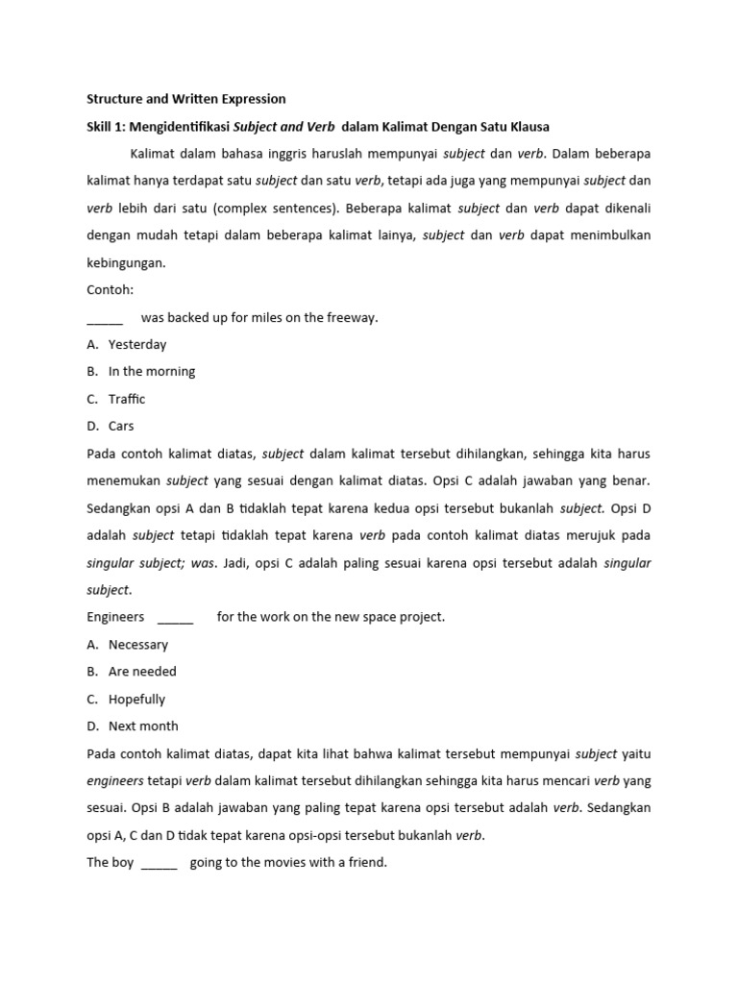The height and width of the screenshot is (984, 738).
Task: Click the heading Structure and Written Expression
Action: (186, 98)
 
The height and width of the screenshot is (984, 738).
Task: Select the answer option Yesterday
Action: (137, 344)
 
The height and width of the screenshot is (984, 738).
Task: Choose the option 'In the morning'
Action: (152, 371)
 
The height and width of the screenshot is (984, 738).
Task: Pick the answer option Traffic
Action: (127, 399)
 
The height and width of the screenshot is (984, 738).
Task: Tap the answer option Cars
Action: (121, 426)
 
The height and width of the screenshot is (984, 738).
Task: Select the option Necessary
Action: (138, 645)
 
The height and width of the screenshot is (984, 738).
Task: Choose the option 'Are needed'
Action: (142, 672)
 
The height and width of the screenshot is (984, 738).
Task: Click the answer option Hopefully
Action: (136, 700)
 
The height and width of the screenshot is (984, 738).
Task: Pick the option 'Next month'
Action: (143, 726)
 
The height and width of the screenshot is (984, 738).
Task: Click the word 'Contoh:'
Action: (111, 289)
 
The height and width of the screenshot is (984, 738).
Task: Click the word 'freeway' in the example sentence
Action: (354, 317)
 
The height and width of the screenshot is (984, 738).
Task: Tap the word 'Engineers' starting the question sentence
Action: (115, 617)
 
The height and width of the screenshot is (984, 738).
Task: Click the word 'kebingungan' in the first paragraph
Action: (126, 262)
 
